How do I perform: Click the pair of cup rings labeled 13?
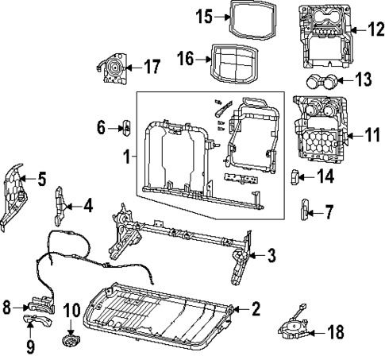pos(320,79)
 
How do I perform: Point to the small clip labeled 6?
pos(125,127)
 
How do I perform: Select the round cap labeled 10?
pos(71,341)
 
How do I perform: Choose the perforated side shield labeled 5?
pos(13,195)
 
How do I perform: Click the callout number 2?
pos(256,309)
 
